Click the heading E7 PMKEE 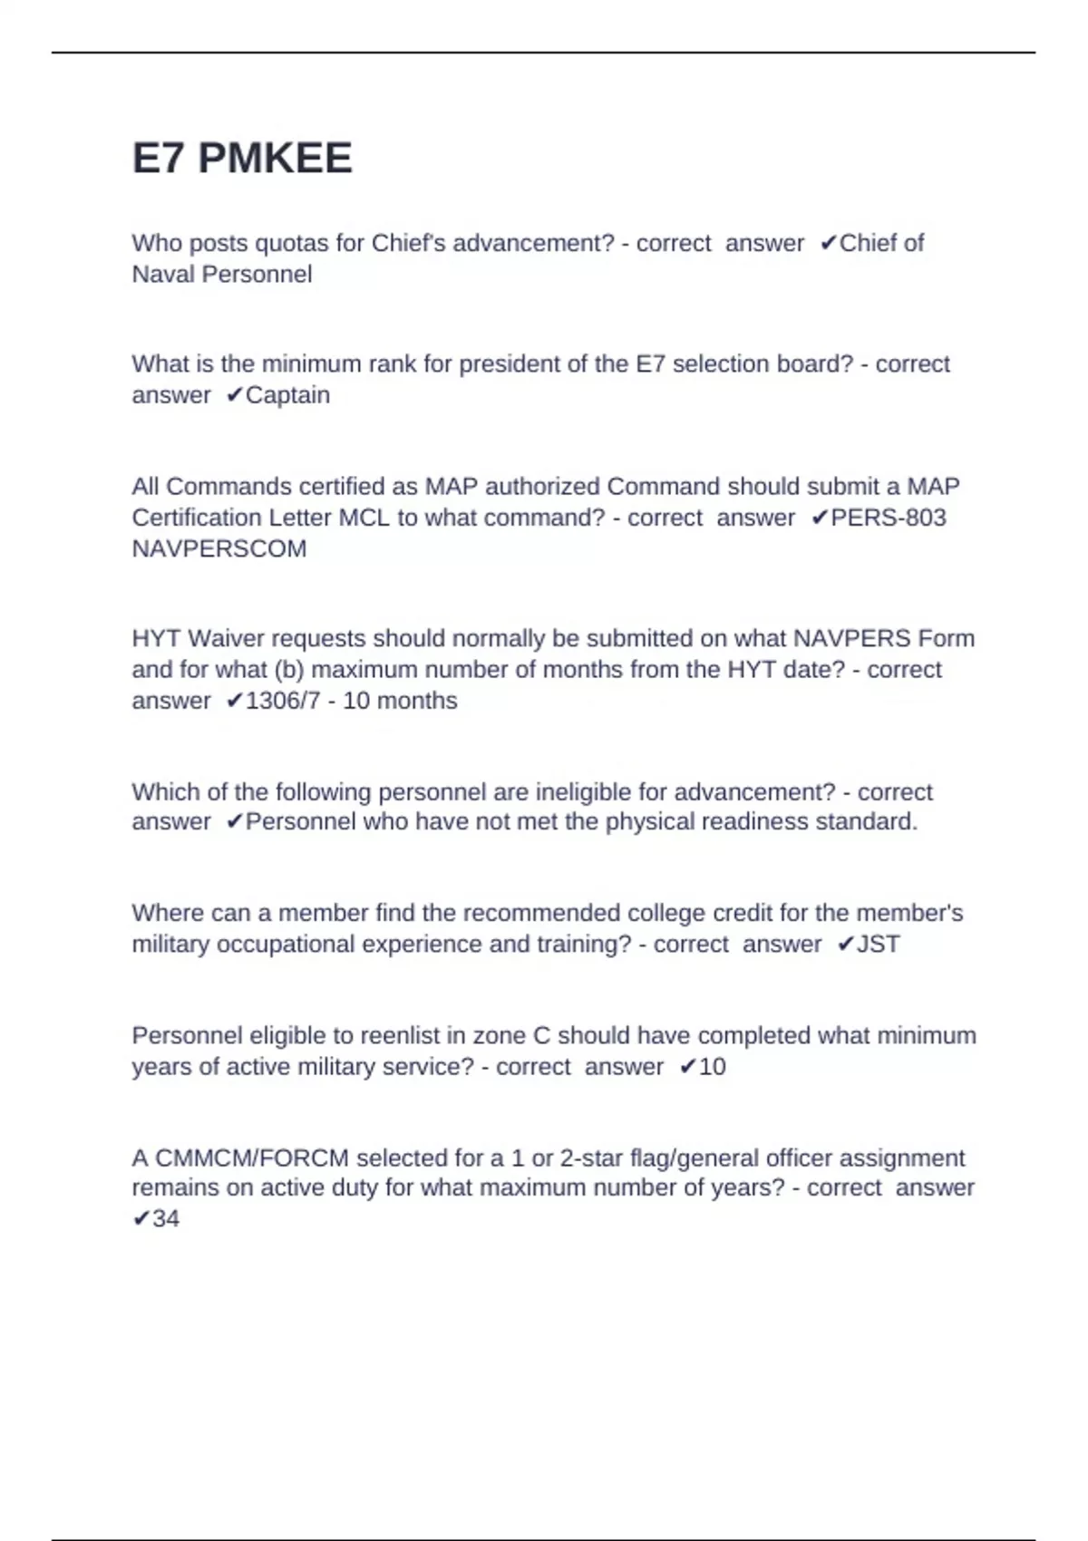pyautogui.click(x=242, y=159)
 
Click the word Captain pyautogui.click(x=287, y=395)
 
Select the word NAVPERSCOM pyautogui.click(x=219, y=548)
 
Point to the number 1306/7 pyautogui.click(x=283, y=701)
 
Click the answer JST pyautogui.click(x=879, y=944)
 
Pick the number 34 pyautogui.click(x=166, y=1218)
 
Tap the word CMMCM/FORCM pyautogui.click(x=252, y=1158)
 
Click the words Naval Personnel pyautogui.click(x=222, y=274)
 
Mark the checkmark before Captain pyautogui.click(x=234, y=395)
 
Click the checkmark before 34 pyautogui.click(x=141, y=1218)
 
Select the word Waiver pyautogui.click(x=227, y=638)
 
